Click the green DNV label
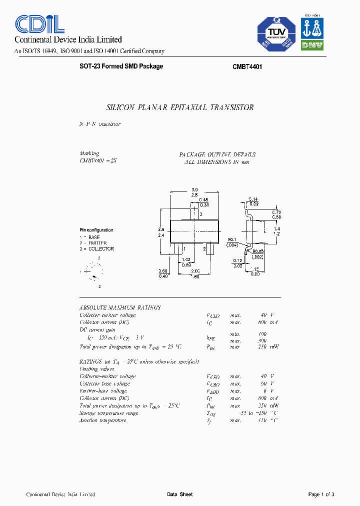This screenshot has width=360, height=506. click(312, 44)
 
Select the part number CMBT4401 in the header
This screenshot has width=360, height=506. click(247, 66)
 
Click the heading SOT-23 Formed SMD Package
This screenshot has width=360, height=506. click(121, 66)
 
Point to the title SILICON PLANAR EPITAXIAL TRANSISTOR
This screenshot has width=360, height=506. click(180, 107)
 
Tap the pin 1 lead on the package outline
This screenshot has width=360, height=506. click(179, 248)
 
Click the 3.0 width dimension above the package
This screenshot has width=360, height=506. click(194, 189)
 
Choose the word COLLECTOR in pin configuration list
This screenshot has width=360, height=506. click(101, 249)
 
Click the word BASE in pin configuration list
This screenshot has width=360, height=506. click(94, 237)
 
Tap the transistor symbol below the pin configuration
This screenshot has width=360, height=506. click(93, 272)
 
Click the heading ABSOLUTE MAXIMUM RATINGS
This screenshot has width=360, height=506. click(120, 308)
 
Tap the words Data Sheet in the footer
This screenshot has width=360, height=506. click(179, 494)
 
